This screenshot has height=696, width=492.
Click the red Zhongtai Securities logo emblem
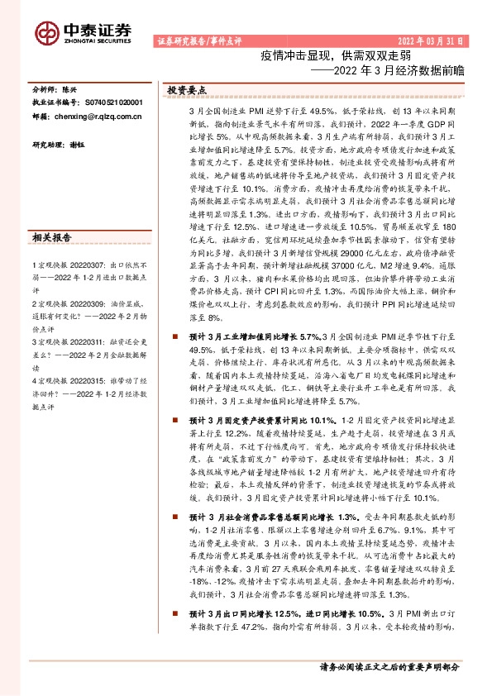coord(46,31)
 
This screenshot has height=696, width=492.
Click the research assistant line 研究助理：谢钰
coord(60,145)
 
